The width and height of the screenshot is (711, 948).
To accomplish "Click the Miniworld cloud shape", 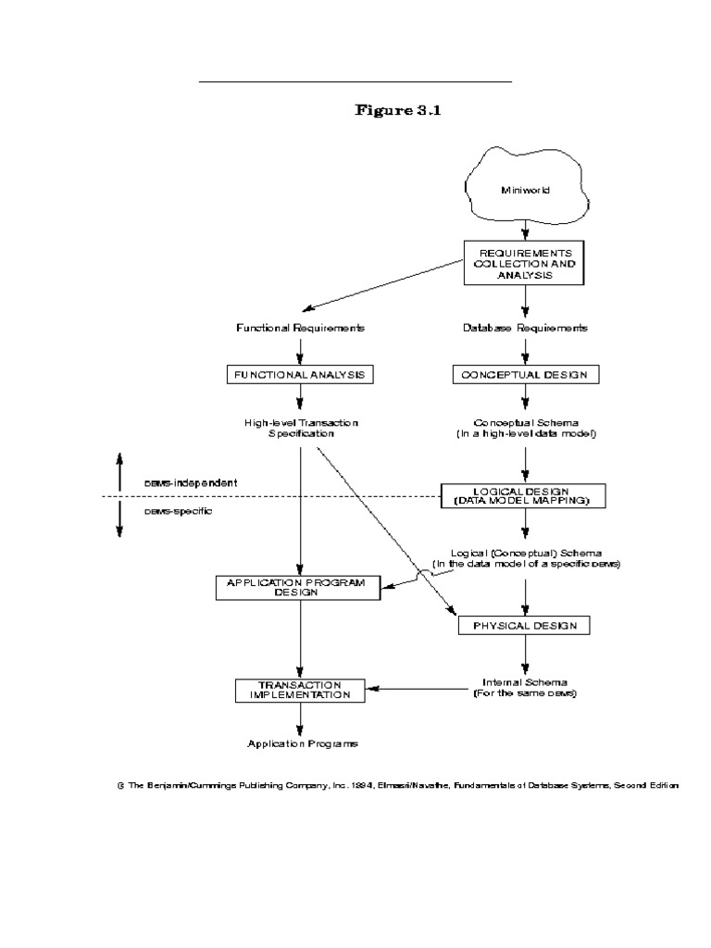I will (525, 189).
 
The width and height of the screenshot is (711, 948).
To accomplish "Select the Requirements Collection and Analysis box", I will (525, 263).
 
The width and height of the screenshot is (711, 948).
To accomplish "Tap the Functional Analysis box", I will (300, 375).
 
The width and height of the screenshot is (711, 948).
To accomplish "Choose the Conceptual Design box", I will (525, 375).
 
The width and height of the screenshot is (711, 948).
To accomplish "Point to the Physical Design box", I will (525, 626).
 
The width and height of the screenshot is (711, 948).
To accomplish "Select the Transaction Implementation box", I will (298, 689).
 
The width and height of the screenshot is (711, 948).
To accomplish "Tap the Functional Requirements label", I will (300, 328).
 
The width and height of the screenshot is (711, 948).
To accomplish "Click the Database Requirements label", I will (525, 328).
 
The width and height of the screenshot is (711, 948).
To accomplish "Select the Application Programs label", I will (302, 743).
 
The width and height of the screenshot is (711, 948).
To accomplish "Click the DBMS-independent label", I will (191, 482).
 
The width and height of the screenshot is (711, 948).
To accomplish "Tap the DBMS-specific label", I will (178, 511).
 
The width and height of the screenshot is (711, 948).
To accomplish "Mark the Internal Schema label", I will (525, 687).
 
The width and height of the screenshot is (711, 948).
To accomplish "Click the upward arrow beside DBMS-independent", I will (119, 468).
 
